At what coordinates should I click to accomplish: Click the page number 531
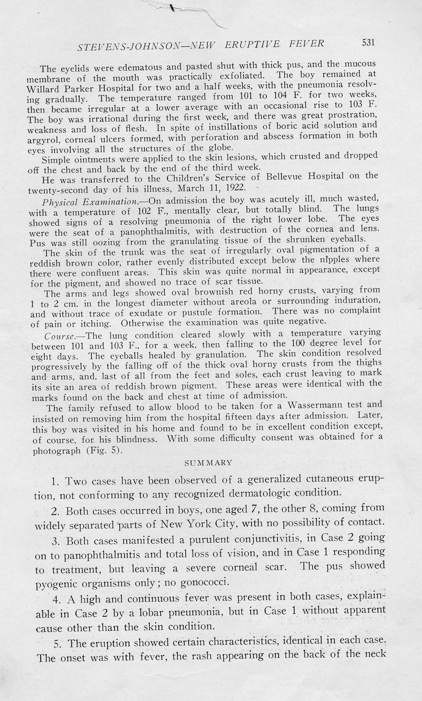pos(364,43)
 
